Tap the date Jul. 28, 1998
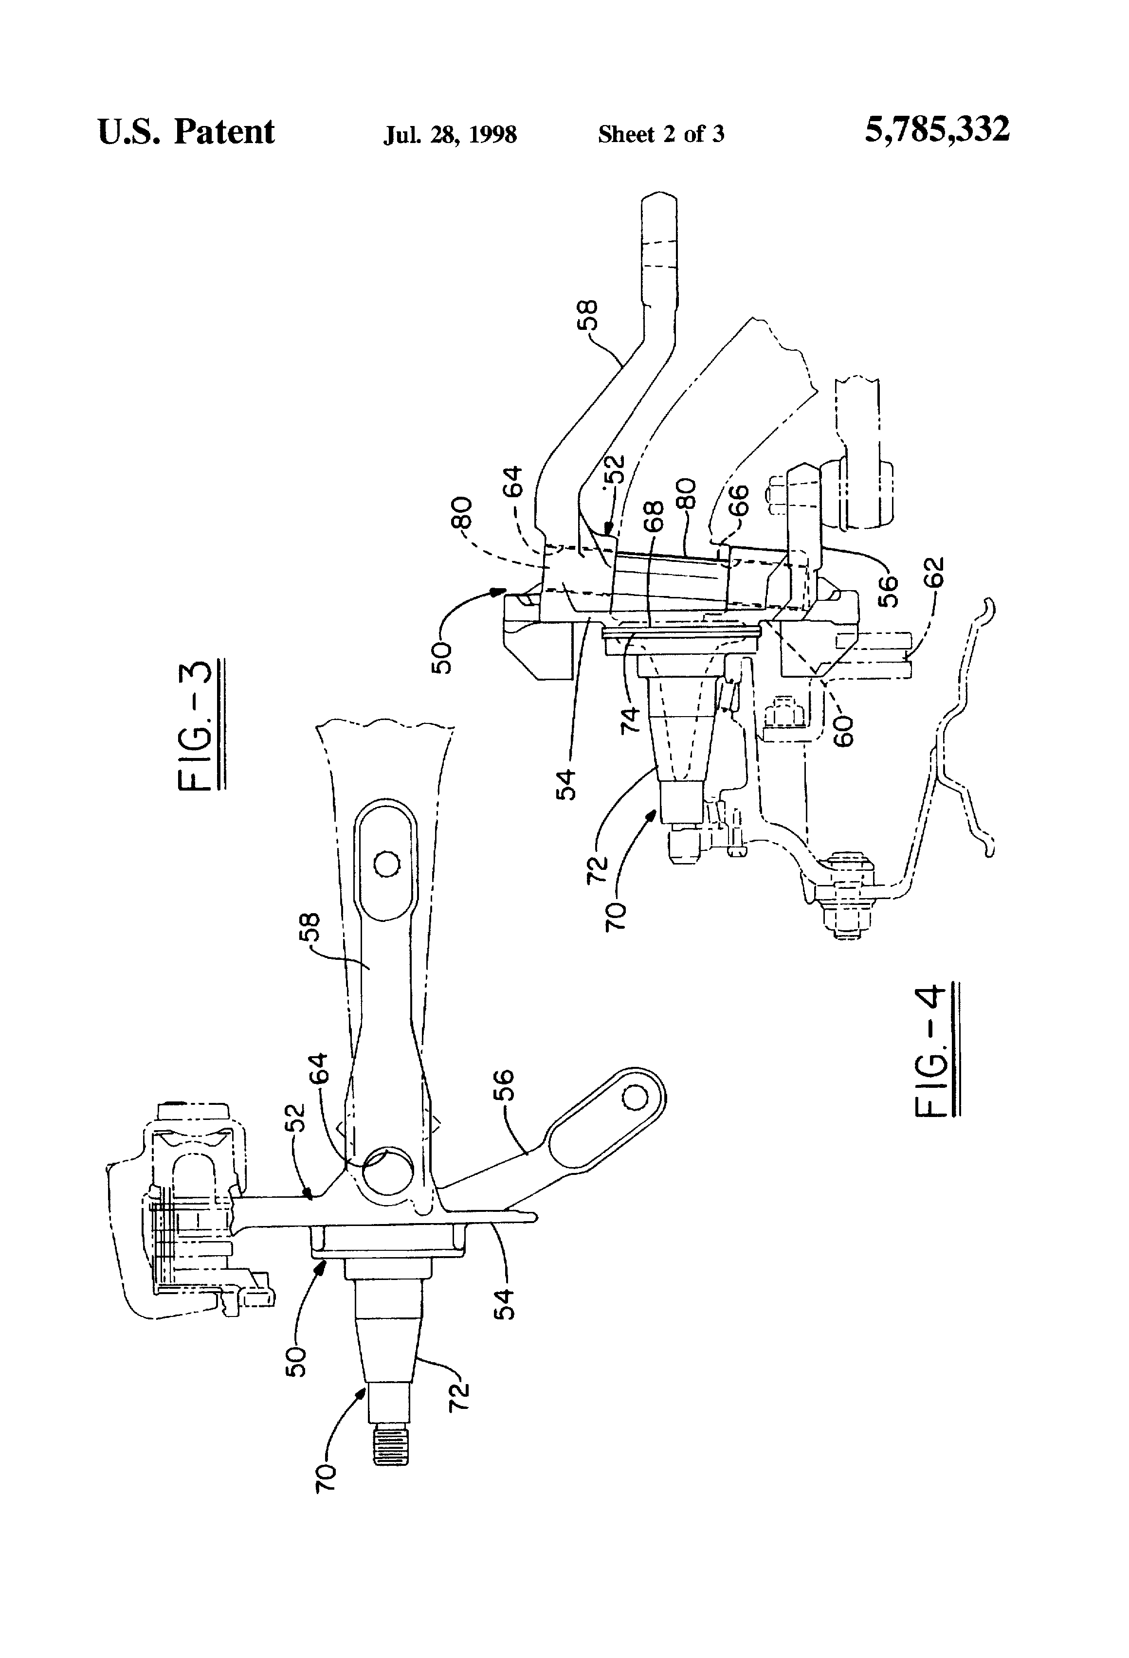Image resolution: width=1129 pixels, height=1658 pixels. click(450, 134)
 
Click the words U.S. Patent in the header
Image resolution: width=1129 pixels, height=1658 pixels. click(185, 132)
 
